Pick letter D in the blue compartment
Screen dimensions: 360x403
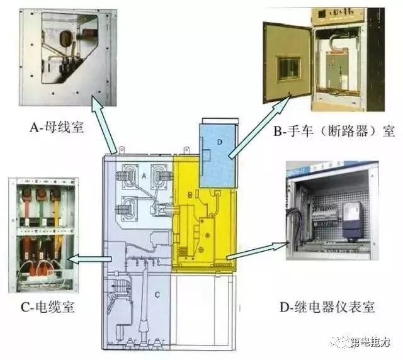(219, 142)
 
